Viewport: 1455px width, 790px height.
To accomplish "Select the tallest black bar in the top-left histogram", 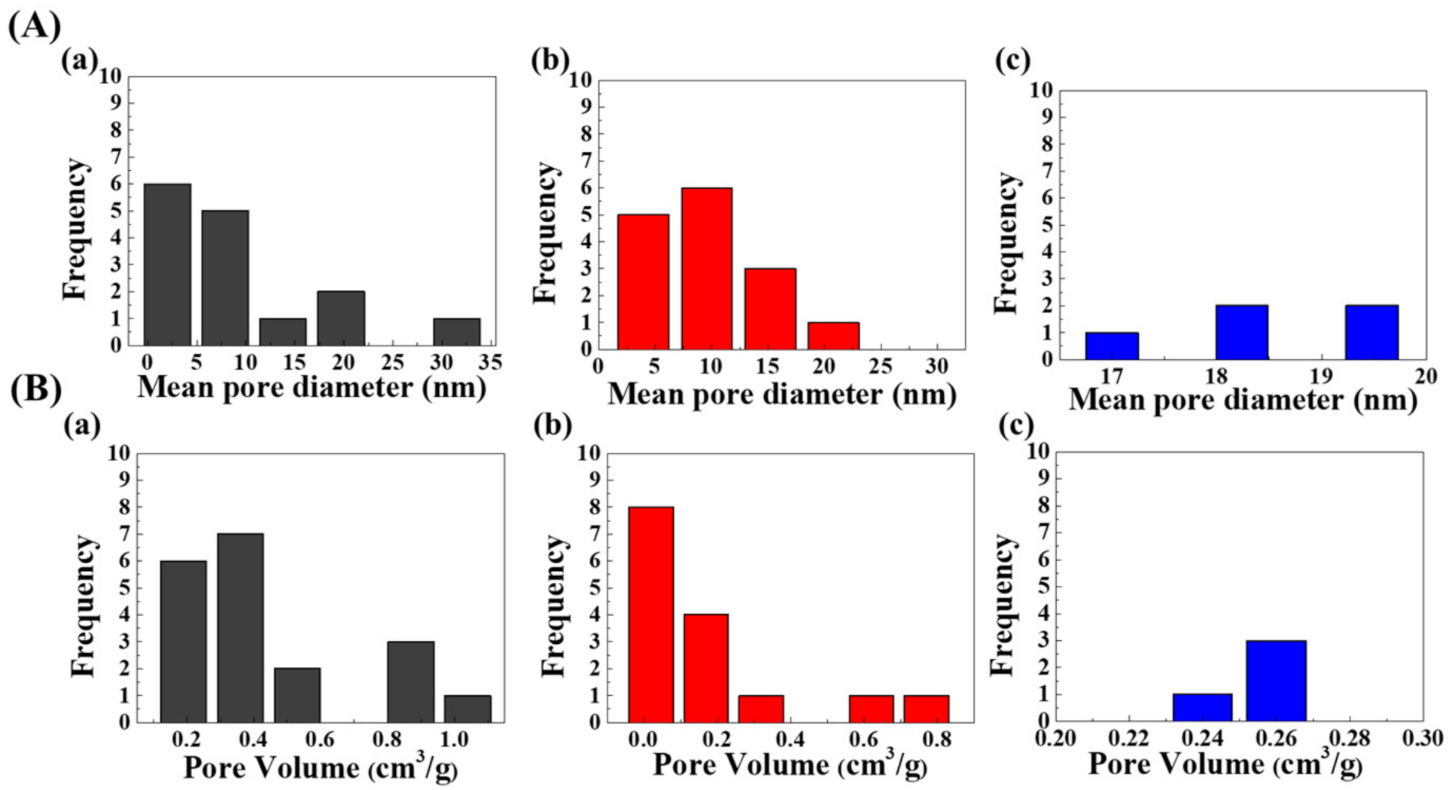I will tap(167, 264).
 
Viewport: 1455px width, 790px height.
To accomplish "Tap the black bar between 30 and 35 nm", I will tap(456, 332).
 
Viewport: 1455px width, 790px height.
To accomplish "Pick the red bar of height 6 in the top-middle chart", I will tap(707, 268).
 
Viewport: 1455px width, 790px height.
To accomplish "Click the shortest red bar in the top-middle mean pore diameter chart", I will tap(833, 336).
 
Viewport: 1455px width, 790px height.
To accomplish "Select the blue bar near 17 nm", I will tap(1112, 346).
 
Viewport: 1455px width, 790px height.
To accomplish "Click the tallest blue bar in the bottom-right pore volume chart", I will tap(1276, 681).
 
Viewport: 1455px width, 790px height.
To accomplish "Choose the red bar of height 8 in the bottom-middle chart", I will tap(650, 615).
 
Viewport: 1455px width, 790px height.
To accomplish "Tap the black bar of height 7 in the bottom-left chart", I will tap(240, 627).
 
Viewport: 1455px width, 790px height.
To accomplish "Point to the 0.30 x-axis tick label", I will tap(1422, 739).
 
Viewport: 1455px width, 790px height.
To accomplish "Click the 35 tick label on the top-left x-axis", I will tap(490, 363).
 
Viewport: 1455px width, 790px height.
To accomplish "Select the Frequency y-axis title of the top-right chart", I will tap(1006, 242).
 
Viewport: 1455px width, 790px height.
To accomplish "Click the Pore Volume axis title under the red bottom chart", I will tap(789, 765).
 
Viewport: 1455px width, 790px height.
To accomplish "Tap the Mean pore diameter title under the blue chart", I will tap(1242, 400).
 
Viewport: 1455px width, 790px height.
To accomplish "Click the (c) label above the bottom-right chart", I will tap(1015, 426).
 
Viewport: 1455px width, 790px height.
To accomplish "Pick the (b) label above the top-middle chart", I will tap(549, 59).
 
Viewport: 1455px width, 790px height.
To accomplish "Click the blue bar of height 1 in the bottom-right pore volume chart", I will tap(1202, 708).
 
